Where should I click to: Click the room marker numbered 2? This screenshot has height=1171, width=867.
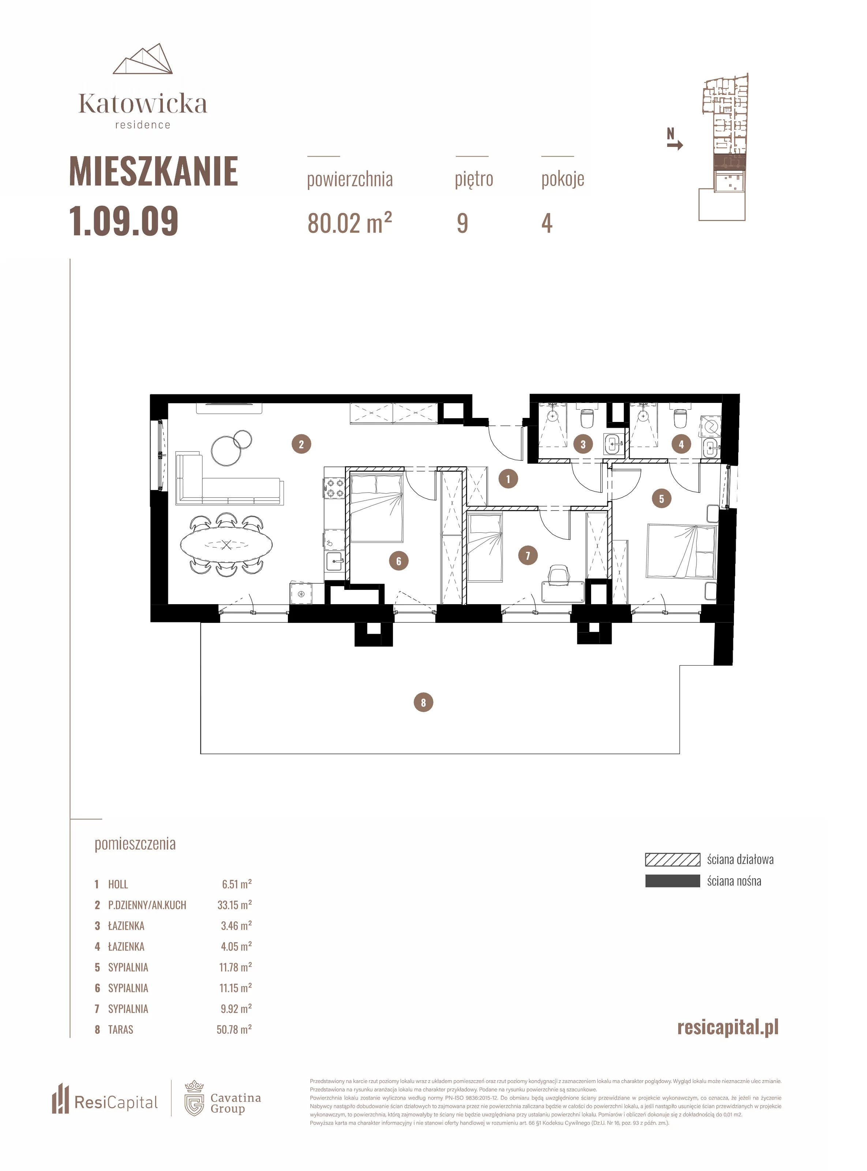(301, 444)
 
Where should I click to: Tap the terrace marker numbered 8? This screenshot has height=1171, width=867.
(424, 702)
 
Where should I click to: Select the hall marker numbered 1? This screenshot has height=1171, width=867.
(508, 479)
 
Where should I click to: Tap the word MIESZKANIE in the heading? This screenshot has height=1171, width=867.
(154, 171)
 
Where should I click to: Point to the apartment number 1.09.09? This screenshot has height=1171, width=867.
(124, 221)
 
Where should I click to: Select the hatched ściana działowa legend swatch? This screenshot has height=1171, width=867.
(672, 859)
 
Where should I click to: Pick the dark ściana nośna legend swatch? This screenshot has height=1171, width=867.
(672, 881)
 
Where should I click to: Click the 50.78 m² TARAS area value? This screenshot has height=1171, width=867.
(234, 1029)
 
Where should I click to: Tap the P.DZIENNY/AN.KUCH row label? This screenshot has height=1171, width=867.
(147, 905)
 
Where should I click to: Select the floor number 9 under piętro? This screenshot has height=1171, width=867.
(462, 223)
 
